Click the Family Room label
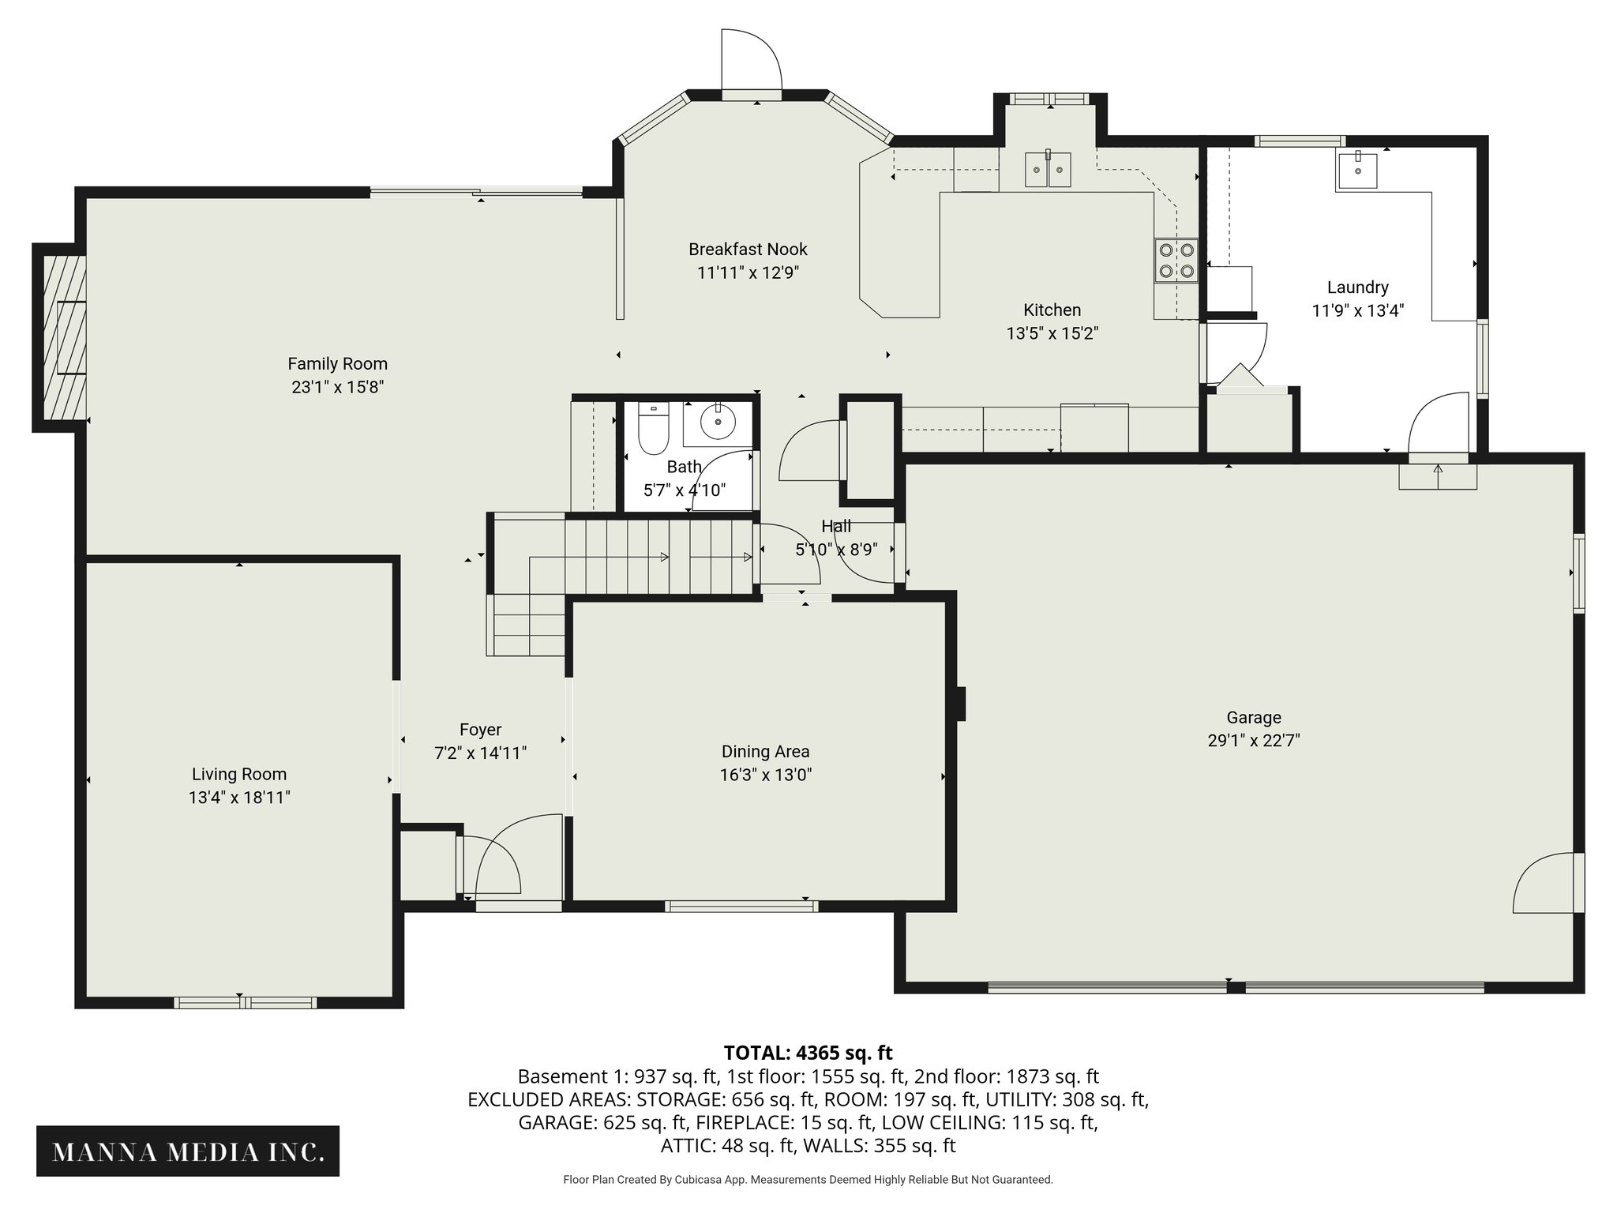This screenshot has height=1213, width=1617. coord(337,364)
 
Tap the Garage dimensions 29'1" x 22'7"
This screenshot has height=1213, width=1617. coord(1253,741)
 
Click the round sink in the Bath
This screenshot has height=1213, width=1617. coord(718,422)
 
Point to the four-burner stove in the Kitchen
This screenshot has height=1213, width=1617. coord(1176,260)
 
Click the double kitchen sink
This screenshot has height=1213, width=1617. coord(1048,169)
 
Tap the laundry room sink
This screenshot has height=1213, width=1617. coord(1356,171)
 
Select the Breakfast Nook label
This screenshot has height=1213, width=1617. coord(748,250)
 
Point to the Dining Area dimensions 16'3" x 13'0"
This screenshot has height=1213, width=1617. coord(765,775)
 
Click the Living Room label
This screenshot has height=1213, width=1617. coord(239,775)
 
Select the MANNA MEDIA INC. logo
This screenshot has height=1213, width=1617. coord(188,1151)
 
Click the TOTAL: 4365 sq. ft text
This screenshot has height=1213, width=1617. coord(808,1053)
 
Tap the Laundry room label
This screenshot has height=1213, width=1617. coord(1357,287)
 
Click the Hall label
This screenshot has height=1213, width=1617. coord(836,526)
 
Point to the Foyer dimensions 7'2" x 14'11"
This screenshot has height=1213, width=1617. coord(480,753)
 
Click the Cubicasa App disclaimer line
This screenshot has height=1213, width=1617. coord(808,1180)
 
